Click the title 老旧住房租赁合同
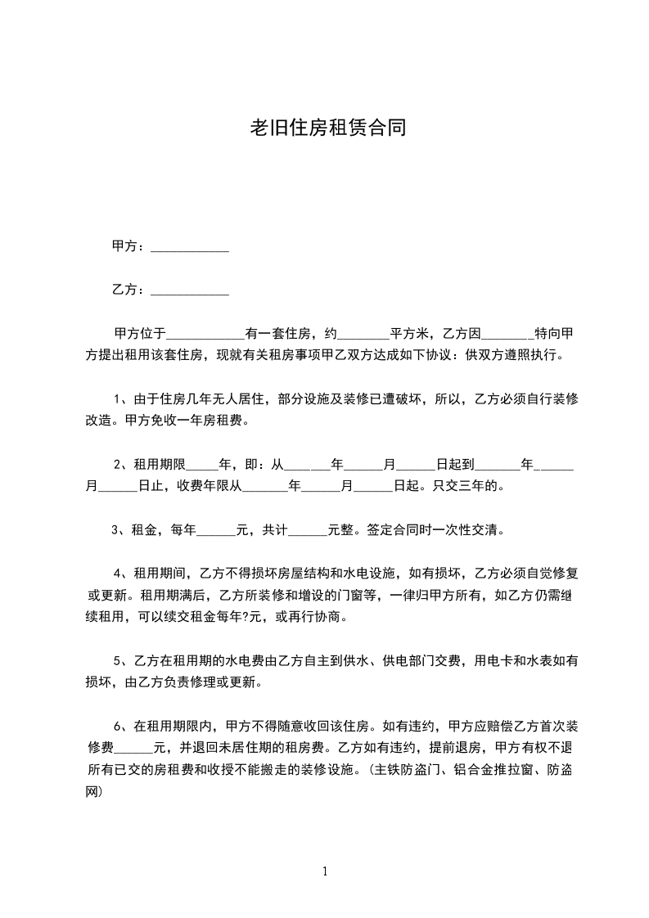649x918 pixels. pyautogui.click(x=327, y=128)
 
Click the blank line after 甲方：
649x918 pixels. pyautogui.click(x=190, y=249)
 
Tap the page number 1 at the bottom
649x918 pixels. pyautogui.click(x=325, y=871)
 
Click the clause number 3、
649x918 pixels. pyautogui.click(x=120, y=529)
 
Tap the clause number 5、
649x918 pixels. pyautogui.click(x=121, y=660)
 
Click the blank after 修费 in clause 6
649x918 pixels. pyautogui.click(x=134, y=749)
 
